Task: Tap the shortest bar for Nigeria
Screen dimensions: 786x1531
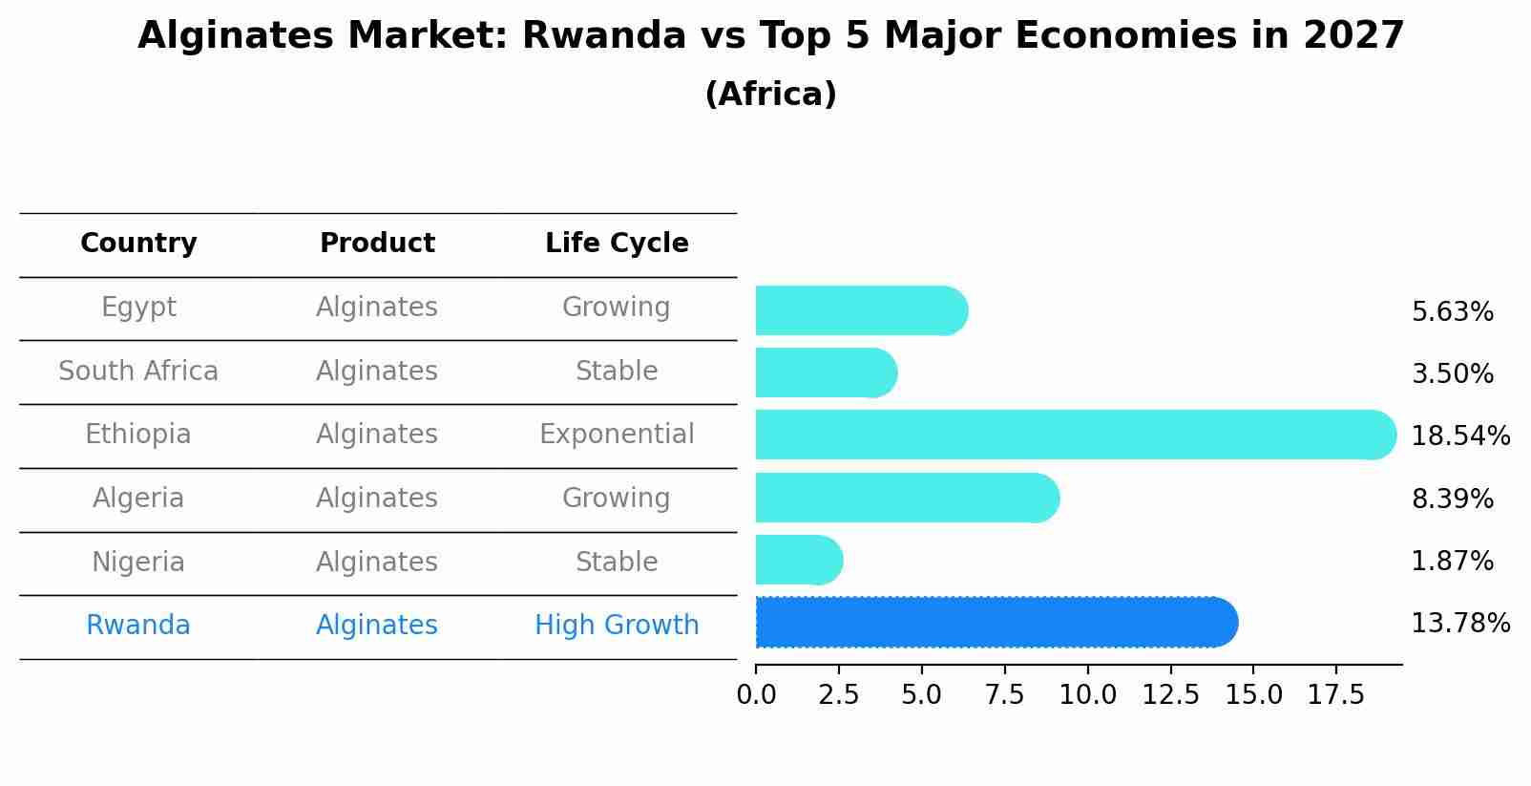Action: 798,560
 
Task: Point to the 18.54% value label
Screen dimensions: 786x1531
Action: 1459,436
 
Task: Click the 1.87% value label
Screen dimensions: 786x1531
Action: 1452,562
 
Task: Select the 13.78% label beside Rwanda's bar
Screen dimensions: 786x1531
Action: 1459,624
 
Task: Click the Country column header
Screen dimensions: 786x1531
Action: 138,244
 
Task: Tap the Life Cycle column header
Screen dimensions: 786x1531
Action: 617,244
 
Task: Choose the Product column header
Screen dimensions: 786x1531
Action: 377,244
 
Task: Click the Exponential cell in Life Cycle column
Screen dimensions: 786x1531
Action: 617,435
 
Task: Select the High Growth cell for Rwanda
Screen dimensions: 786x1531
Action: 617,626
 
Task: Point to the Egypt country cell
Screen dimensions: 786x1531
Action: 138,308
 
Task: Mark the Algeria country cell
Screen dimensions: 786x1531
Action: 138,499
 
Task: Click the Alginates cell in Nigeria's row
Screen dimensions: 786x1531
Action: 377,562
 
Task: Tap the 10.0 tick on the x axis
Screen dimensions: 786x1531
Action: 1087,695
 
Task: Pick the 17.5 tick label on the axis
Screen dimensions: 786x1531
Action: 1336,695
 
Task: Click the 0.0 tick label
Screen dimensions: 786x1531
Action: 756,695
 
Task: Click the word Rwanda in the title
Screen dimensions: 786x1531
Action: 603,37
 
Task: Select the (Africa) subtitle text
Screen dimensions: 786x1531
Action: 770,95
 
